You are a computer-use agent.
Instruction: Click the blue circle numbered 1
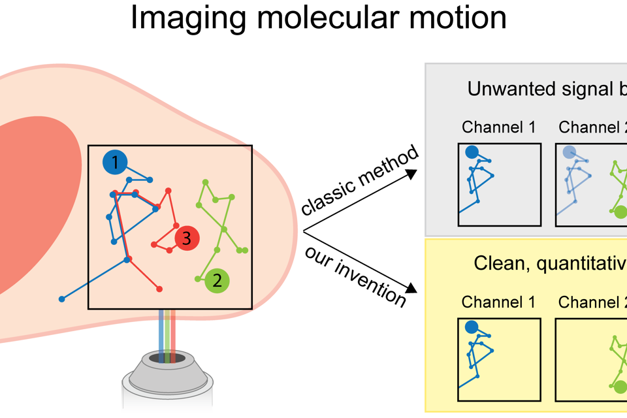[115, 163]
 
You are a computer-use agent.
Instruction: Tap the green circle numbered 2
[217, 281]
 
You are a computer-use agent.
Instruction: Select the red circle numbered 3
[186, 239]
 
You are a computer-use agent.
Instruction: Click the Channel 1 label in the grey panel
[498, 127]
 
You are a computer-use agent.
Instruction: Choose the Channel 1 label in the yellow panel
[498, 302]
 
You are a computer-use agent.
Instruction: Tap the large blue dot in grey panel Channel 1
[472, 152]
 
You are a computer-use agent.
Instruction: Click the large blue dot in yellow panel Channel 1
[471, 328]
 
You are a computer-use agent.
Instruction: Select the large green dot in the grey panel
[620, 212]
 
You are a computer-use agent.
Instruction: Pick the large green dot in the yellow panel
[620, 387]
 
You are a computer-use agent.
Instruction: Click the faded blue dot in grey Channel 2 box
[569, 152]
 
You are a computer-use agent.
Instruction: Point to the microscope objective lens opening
[167, 357]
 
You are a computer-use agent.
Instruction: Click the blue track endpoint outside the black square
[62, 299]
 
